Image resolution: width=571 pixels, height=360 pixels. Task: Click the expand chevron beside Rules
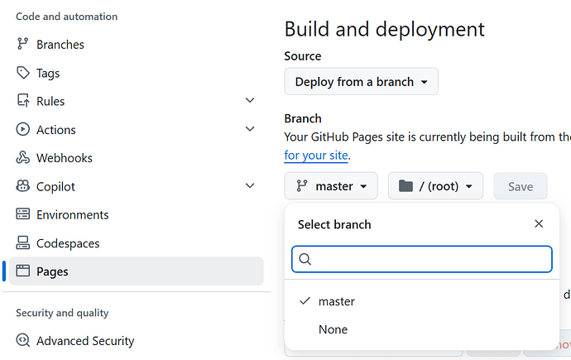pyautogui.click(x=250, y=100)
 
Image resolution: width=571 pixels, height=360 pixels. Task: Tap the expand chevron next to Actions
pyautogui.click(x=250, y=129)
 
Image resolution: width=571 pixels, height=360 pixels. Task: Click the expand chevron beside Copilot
pyautogui.click(x=250, y=185)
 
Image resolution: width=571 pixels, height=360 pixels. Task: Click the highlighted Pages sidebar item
pyautogui.click(x=137, y=271)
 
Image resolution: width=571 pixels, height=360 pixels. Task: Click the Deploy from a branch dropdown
pyautogui.click(x=362, y=82)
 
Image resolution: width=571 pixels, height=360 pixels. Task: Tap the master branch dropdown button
pyautogui.click(x=331, y=186)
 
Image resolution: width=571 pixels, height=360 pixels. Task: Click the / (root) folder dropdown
pyautogui.click(x=435, y=186)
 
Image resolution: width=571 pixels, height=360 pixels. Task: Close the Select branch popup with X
pyautogui.click(x=539, y=223)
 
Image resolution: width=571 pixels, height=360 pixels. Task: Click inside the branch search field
pyautogui.click(x=422, y=259)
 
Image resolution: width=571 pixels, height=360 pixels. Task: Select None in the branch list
pyautogui.click(x=333, y=329)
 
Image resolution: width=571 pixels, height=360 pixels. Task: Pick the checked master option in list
pyautogui.click(x=337, y=301)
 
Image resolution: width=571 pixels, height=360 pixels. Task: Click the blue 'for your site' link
pyautogui.click(x=316, y=156)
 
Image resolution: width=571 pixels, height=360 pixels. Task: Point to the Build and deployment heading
pyautogui.click(x=385, y=29)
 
